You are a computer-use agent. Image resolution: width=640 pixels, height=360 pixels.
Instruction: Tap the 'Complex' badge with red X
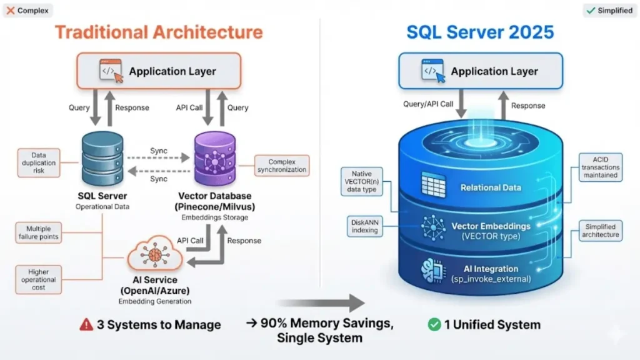click(27, 11)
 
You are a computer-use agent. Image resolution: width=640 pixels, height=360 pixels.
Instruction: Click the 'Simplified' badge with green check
click(609, 11)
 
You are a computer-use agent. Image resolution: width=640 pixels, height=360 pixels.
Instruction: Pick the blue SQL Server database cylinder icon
click(101, 160)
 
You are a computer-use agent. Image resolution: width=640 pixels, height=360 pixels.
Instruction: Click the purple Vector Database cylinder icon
click(214, 160)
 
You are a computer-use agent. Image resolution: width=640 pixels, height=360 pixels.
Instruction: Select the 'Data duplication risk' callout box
click(39, 162)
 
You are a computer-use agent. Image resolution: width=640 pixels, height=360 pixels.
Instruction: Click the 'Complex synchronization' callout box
click(282, 166)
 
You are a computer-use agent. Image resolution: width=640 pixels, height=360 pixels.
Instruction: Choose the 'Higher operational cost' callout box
click(39, 279)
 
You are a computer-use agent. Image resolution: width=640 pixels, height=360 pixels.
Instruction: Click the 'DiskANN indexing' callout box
click(365, 226)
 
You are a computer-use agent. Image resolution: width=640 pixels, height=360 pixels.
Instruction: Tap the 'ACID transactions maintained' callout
click(601, 167)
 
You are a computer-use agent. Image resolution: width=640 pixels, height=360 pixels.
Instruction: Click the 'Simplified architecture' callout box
click(601, 231)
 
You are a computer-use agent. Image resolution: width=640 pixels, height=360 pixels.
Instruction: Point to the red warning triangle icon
click(86, 324)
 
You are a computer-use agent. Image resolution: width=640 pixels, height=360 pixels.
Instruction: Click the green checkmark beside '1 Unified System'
click(434, 324)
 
